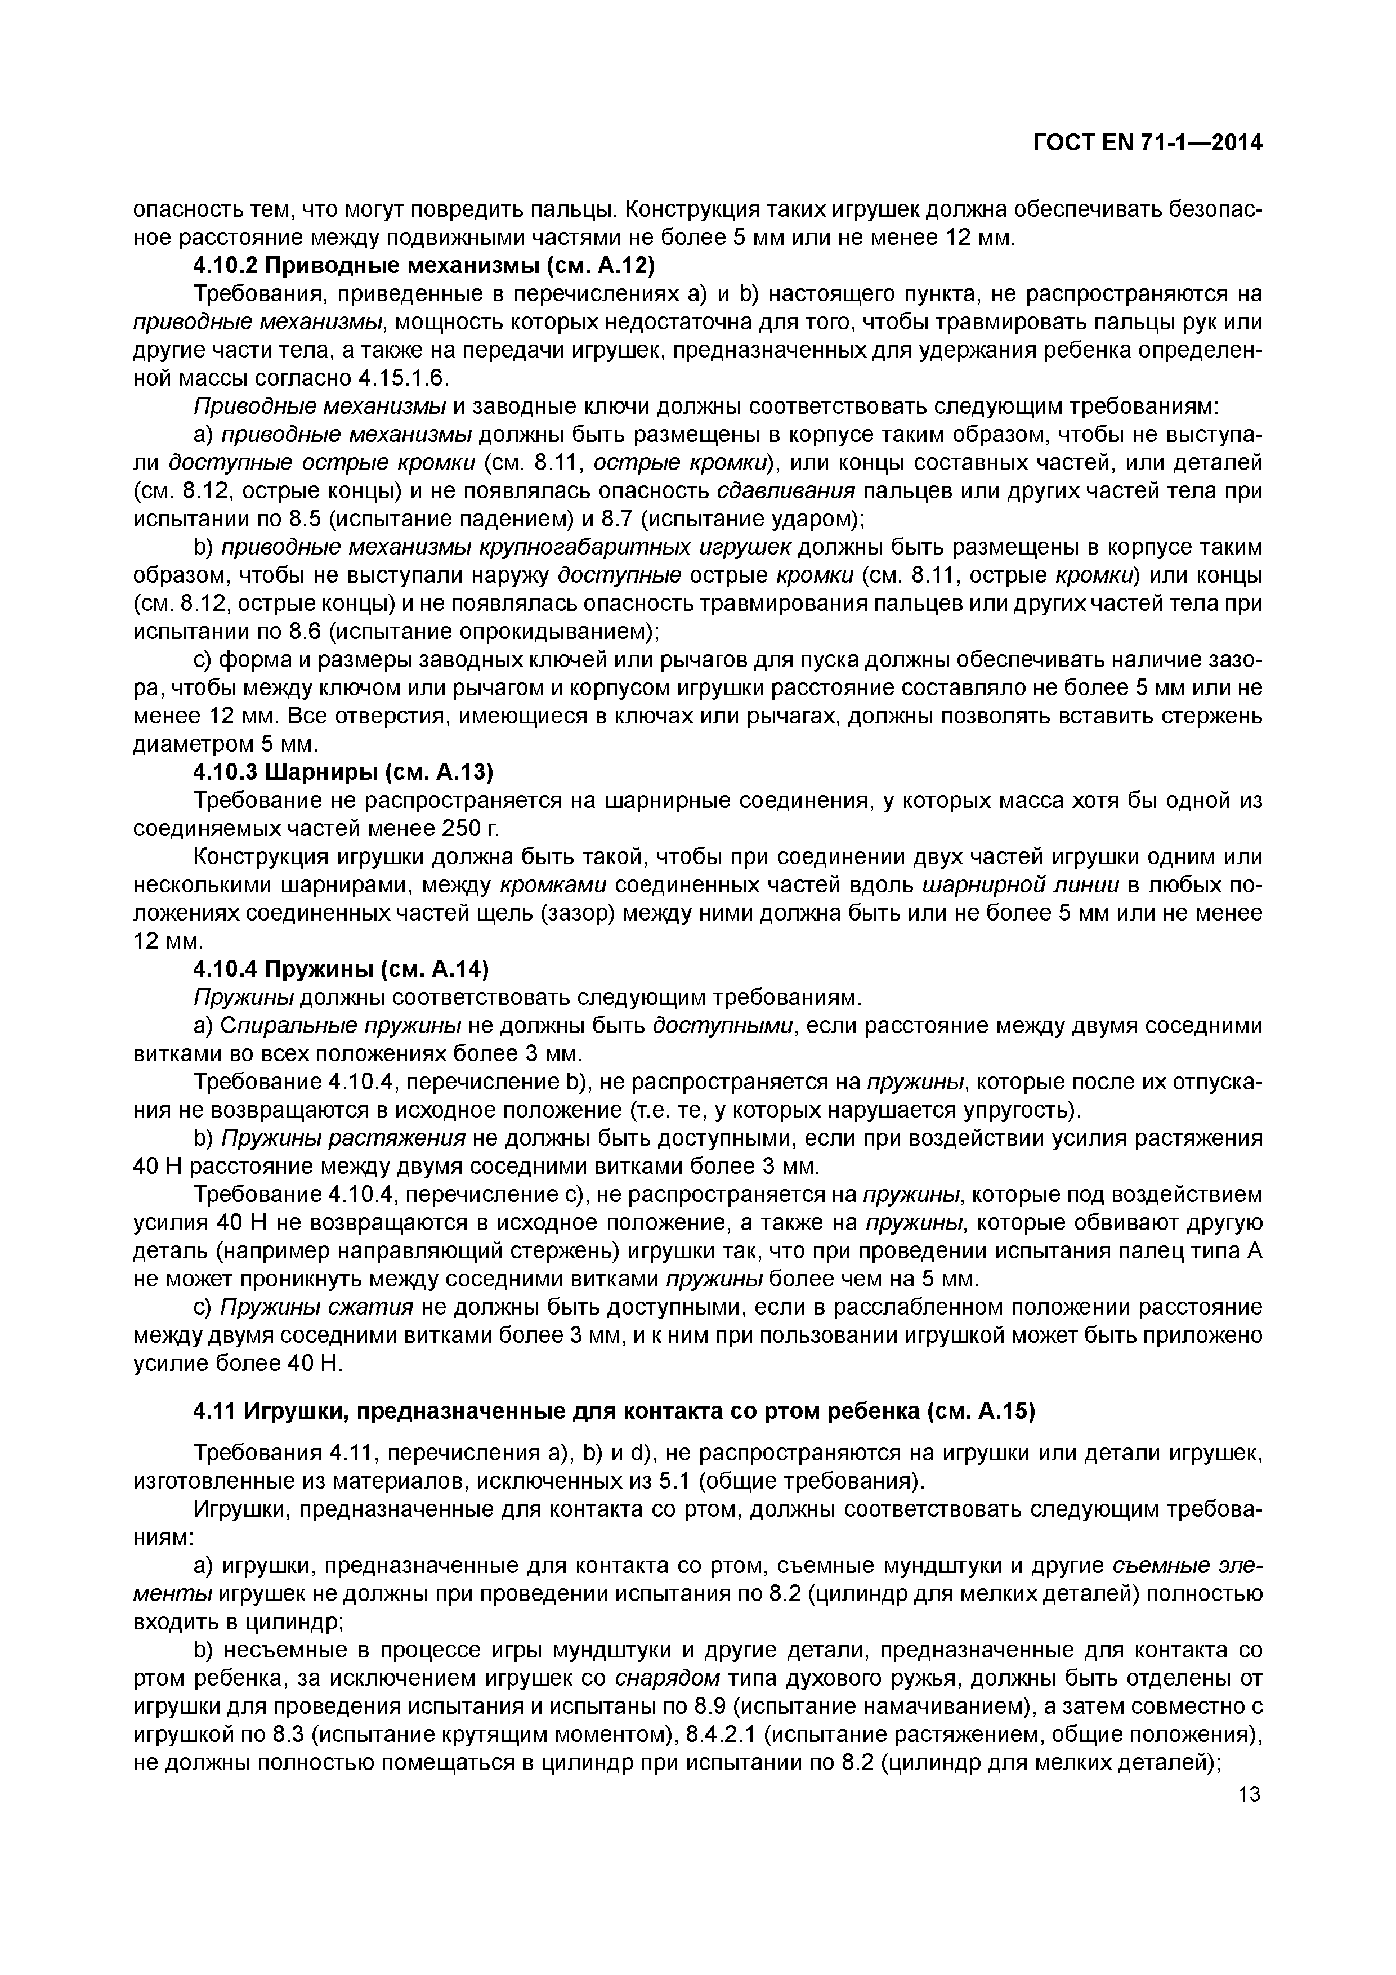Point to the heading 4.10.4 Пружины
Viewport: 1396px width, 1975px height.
click(341, 969)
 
